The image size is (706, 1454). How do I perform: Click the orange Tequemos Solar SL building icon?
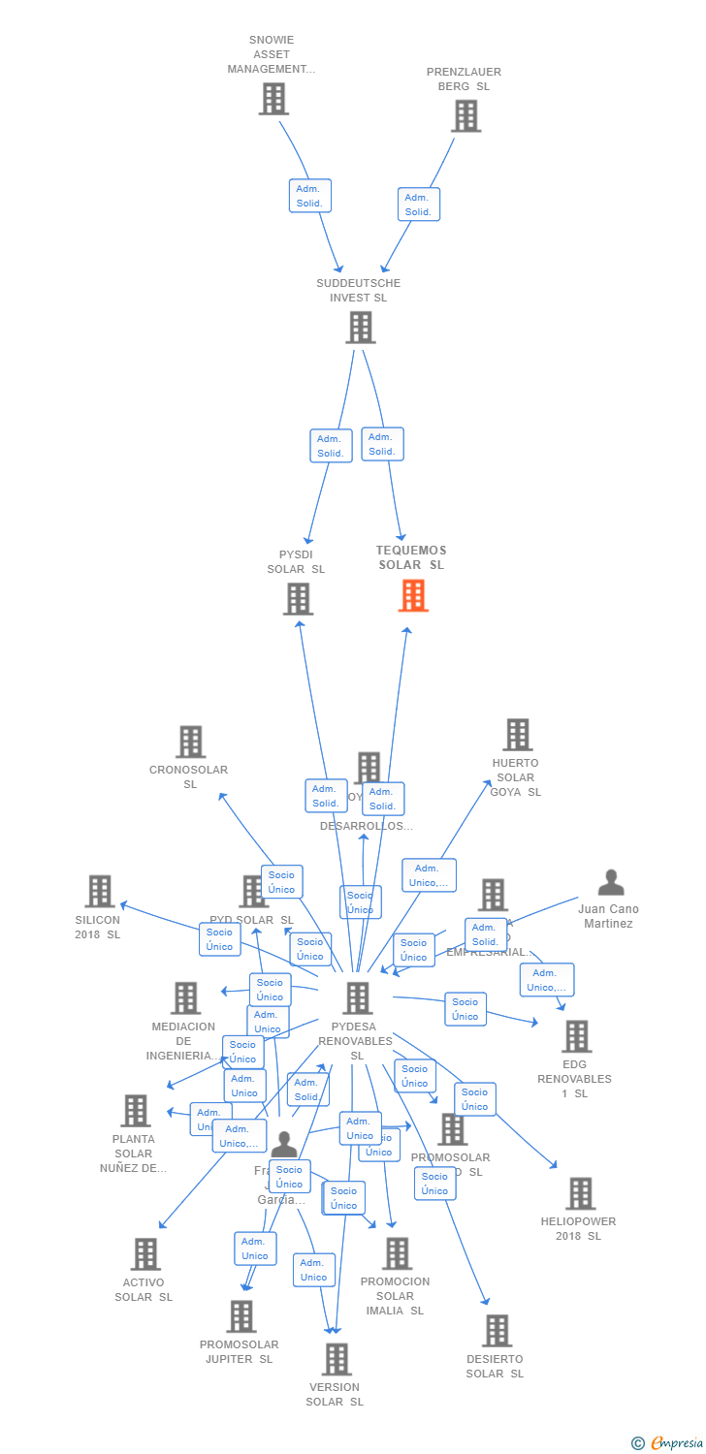pos(413,595)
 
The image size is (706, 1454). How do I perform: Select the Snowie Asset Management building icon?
pos(273,99)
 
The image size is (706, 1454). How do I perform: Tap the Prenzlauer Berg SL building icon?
pos(466,116)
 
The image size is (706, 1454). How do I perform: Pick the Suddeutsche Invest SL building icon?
pos(360,328)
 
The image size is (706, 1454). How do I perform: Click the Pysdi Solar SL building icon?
pos(298,599)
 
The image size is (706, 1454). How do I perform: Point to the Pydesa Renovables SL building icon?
pos(358,998)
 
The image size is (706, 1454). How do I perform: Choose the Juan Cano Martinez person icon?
pos(611,882)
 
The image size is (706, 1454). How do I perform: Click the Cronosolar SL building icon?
pos(190,743)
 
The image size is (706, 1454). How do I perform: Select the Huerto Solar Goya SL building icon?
pos(518,735)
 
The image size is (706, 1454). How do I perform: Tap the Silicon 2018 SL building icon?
pos(100,892)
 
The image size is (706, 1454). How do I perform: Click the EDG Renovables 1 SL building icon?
pos(577,1036)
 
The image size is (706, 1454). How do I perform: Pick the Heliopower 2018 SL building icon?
pos(581,1194)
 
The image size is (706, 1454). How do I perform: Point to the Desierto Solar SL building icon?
pos(497,1331)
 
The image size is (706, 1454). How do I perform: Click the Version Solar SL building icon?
pos(337,1360)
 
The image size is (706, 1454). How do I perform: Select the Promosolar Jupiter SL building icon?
pos(241,1316)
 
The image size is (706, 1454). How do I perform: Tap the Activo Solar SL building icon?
pos(145,1254)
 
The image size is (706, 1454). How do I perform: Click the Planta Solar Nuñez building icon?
pos(136,1111)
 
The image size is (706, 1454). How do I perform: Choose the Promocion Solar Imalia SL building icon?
pos(397,1253)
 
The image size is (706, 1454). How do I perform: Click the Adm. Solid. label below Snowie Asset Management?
pos(309,196)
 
